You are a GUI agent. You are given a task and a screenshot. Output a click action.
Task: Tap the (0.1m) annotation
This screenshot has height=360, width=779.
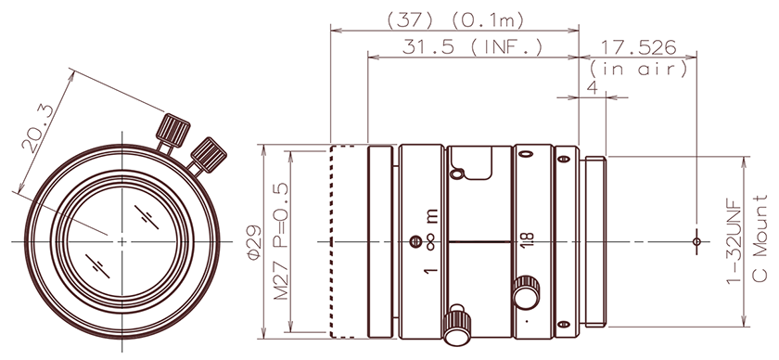point(488,20)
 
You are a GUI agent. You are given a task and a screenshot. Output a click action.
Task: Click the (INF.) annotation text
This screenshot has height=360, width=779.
point(506,47)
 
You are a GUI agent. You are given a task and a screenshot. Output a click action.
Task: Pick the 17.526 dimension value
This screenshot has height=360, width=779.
point(639,47)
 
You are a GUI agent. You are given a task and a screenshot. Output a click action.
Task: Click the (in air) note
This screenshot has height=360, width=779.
point(639,68)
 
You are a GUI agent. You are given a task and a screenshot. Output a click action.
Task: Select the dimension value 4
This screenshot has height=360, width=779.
point(593,87)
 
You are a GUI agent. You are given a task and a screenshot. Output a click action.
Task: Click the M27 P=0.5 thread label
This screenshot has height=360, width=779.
point(281,240)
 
